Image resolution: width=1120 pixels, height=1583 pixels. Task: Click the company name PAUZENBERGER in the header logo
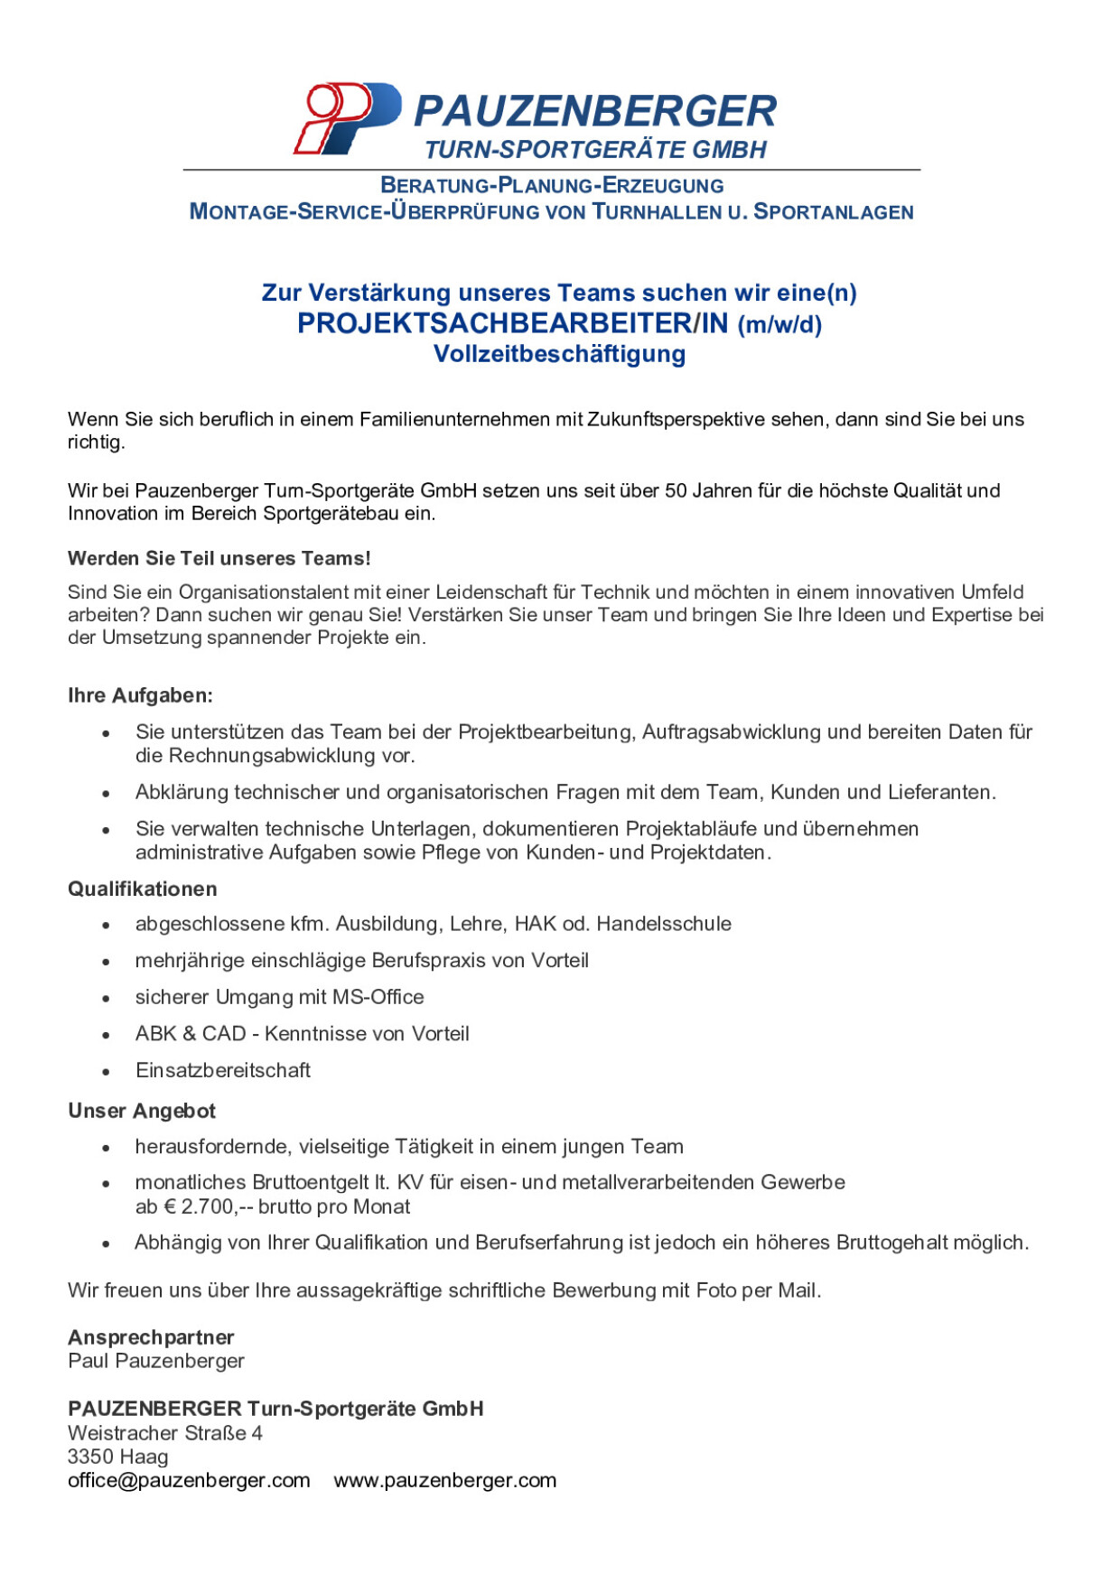coord(594,112)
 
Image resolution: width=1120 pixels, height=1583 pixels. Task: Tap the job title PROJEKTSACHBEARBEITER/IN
coord(512,323)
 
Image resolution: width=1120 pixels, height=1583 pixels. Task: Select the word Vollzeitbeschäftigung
coord(559,354)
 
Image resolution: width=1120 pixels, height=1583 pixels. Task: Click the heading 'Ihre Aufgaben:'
coord(140,695)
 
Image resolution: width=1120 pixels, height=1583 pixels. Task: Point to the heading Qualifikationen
coord(143,889)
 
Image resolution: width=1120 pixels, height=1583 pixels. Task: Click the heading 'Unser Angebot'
coord(142,1111)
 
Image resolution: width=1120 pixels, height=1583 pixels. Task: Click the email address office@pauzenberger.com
coord(189,1480)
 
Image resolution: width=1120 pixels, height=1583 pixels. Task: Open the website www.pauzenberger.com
coord(445,1480)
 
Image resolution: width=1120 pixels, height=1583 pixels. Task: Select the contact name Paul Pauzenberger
coord(156,1361)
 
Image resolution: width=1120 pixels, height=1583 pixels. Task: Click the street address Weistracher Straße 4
coord(165,1433)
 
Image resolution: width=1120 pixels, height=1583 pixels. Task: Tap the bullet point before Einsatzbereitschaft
coord(107,1072)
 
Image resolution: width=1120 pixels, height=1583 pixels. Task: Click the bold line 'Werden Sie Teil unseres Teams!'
coord(219,558)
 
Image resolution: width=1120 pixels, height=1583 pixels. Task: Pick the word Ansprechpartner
coord(151,1337)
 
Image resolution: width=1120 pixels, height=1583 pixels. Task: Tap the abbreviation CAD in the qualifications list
coord(224,1033)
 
